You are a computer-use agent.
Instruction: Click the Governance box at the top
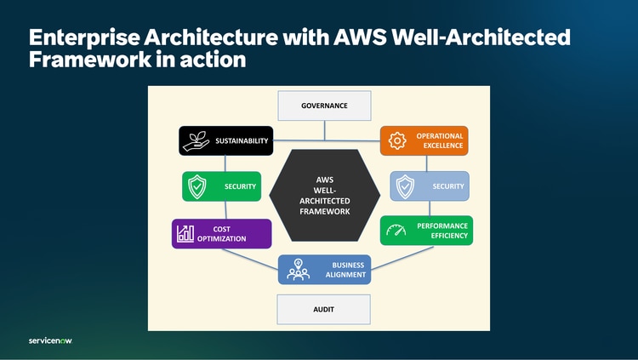[x=324, y=106]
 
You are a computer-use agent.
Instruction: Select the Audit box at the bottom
[x=324, y=310]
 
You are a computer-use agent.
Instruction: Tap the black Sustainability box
[x=225, y=140]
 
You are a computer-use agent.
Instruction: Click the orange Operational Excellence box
[x=424, y=140]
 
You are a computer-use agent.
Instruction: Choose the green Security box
[x=221, y=186]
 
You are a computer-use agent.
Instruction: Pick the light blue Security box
[x=430, y=186]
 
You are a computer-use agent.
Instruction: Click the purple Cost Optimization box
[x=221, y=233]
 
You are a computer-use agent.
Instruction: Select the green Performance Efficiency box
[x=426, y=230]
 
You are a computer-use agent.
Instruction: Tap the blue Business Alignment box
[x=324, y=270]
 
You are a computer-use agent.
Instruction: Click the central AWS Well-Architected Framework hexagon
[x=324, y=195]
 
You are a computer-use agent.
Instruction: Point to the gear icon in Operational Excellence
[x=397, y=141]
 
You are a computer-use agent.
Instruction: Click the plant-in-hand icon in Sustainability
[x=195, y=140]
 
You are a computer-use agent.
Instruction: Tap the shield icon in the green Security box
[x=197, y=186]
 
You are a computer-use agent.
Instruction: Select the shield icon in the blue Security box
[x=406, y=186]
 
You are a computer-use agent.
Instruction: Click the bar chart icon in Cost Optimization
[x=185, y=233]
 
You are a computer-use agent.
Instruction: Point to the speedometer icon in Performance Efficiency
[x=396, y=230]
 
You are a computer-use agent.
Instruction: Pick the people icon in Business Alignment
[x=298, y=270]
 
